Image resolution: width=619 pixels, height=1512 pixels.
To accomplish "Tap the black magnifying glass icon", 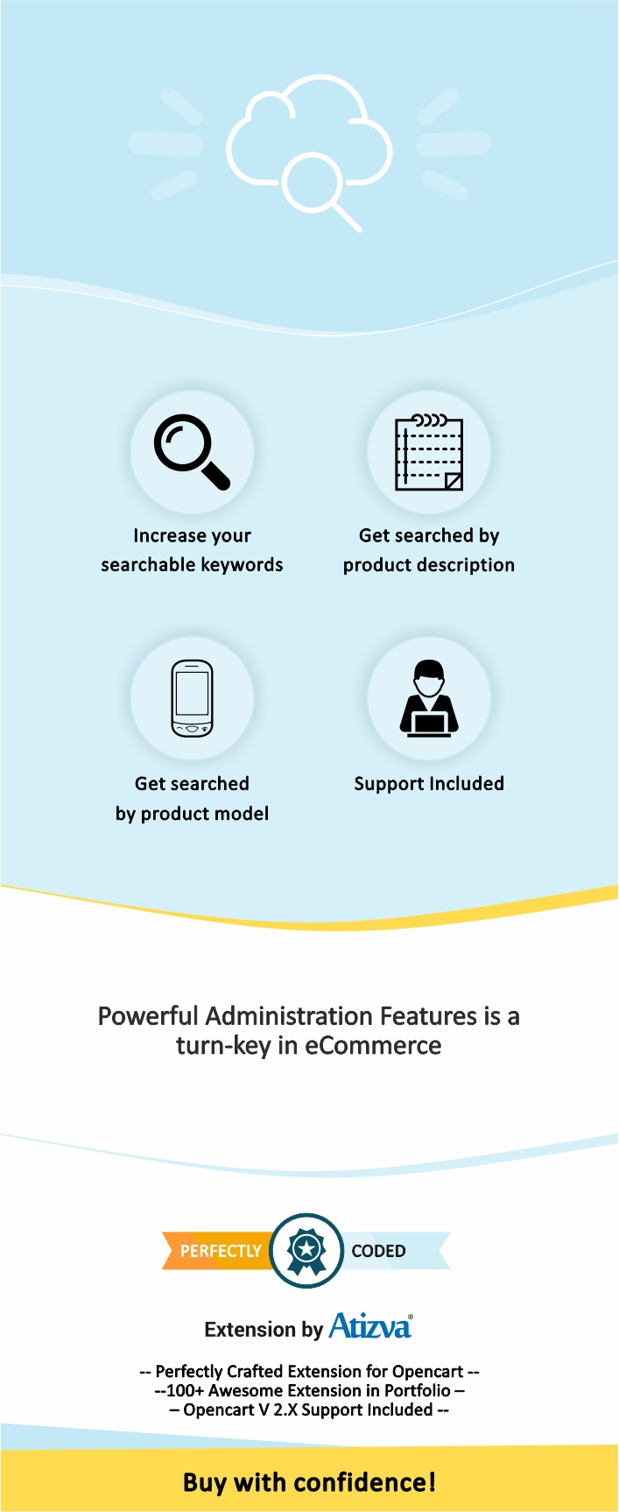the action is click(x=192, y=451).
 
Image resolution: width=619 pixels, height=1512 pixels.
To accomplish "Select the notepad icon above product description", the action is click(x=429, y=452).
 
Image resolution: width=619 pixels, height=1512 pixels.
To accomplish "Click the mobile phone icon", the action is click(x=192, y=698).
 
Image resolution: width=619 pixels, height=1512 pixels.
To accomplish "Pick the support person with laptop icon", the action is click(x=429, y=698).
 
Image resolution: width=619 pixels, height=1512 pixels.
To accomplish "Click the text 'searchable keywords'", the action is click(x=192, y=565).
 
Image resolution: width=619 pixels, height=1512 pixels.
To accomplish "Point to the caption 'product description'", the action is click(x=429, y=565).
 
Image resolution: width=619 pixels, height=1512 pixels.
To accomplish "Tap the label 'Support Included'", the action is click(x=429, y=784).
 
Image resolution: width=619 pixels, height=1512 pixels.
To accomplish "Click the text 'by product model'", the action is click(x=192, y=814).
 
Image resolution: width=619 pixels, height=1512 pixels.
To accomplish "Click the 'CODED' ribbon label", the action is click(x=378, y=1251).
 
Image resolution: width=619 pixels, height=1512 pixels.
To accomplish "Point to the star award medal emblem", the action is click(x=306, y=1251).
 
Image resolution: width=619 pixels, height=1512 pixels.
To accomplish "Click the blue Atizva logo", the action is click(x=370, y=1326).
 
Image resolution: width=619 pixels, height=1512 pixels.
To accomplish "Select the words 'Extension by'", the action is click(x=264, y=1330).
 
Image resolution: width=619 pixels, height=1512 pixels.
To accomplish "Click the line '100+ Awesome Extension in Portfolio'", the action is click(x=308, y=1391).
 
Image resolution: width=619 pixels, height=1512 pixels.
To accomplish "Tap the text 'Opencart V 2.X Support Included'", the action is click(x=308, y=1410).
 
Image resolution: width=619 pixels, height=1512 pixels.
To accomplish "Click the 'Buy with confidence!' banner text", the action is click(x=309, y=1482).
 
